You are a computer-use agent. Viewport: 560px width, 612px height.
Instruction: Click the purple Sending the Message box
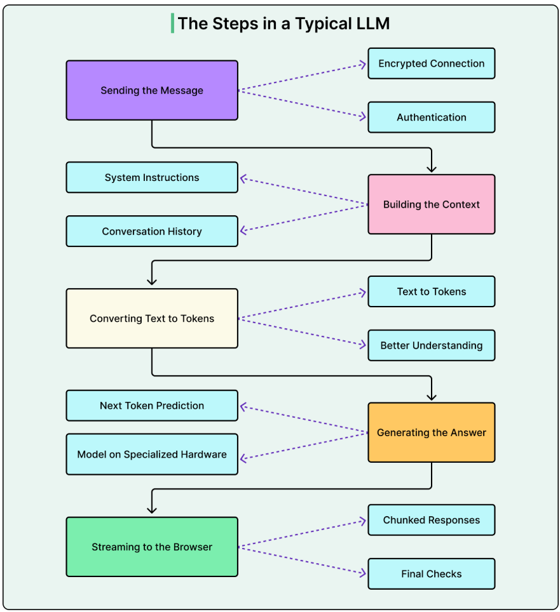pos(152,90)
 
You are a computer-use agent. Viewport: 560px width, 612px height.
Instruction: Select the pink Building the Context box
pos(431,204)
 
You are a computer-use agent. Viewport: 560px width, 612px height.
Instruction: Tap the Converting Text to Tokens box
pos(152,318)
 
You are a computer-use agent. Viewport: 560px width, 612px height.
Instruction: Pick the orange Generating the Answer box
pos(431,432)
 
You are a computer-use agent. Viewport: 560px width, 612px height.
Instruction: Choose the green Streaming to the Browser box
pos(152,547)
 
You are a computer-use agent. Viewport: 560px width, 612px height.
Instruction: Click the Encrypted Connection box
pos(431,63)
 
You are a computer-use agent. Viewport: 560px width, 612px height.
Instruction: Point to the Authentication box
pos(431,117)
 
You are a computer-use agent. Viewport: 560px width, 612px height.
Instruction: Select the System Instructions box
pos(152,177)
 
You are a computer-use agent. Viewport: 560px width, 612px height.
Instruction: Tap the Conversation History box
pos(152,231)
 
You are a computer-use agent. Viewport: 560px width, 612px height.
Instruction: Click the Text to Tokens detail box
pos(431,291)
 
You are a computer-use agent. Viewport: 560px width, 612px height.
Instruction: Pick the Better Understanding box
pos(431,345)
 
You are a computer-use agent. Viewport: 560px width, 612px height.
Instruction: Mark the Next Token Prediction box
pos(152,405)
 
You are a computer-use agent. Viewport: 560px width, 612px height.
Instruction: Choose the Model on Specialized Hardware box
pos(152,454)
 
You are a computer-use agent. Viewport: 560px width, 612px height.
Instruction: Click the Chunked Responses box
pos(431,520)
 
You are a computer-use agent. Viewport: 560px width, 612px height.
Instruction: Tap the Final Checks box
pos(431,574)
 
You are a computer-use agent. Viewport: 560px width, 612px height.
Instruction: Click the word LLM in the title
pos(372,23)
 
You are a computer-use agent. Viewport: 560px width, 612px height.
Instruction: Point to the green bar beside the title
pos(172,23)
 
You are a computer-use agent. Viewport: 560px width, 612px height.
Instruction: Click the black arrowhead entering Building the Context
pos(432,169)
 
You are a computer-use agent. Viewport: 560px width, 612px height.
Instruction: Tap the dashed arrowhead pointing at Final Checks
pos(363,573)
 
